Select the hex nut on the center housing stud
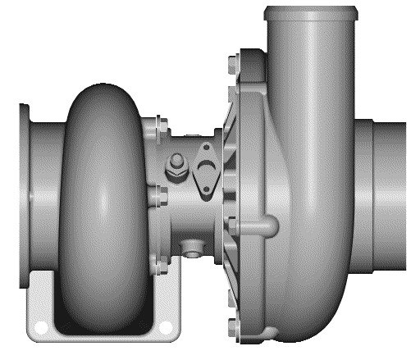click(174, 169)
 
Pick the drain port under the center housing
click(192, 246)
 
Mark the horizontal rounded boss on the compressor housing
click(261, 224)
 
